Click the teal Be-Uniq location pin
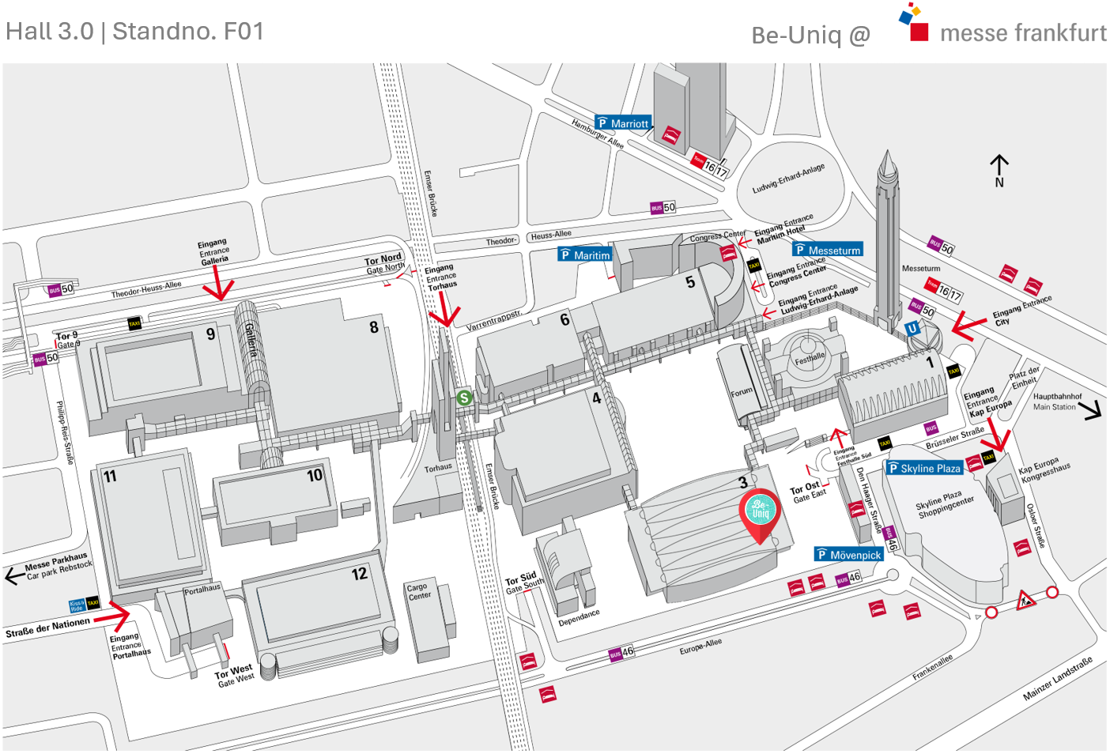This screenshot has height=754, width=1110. [760, 512]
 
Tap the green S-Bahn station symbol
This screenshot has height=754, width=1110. [465, 398]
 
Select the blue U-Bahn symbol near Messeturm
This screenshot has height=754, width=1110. [913, 329]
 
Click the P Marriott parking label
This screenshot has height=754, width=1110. [623, 123]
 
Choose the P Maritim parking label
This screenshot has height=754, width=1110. [585, 254]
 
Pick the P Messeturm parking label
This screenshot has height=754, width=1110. [828, 250]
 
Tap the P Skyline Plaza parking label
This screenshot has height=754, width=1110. [924, 468]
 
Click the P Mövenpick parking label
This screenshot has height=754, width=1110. [848, 555]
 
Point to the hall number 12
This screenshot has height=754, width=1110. [360, 574]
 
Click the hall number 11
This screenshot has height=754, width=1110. [110, 476]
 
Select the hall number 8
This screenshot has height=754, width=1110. [374, 327]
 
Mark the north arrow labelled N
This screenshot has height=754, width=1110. [999, 169]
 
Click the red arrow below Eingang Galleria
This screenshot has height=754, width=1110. [218, 285]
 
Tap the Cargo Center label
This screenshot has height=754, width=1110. [419, 591]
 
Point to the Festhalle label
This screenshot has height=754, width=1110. [810, 357]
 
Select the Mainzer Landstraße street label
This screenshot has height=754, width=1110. [1057, 678]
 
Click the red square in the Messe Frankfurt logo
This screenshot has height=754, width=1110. [919, 32]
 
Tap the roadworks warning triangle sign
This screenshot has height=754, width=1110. [1025, 600]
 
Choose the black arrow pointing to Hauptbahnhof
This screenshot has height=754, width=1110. [1091, 410]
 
